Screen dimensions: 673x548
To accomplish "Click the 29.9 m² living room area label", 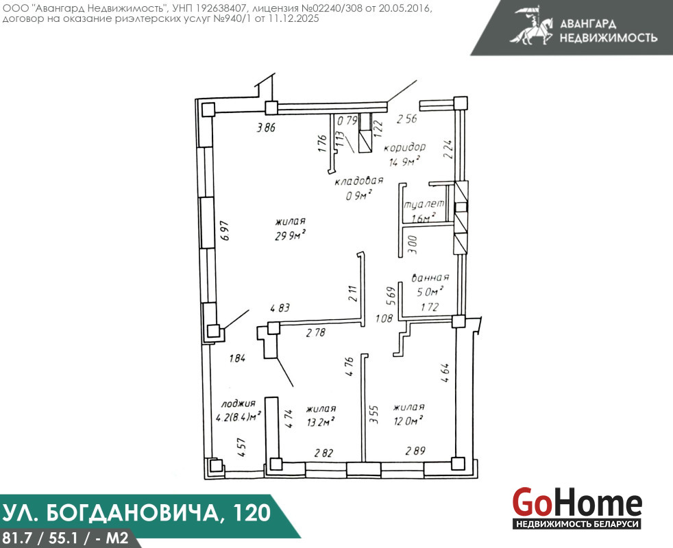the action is pyautogui.click(x=290, y=235).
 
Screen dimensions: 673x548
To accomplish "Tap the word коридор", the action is pyautogui.click(x=405, y=147).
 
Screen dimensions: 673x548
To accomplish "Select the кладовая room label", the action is pyautogui.click(x=359, y=181).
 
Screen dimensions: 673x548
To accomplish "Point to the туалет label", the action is pyautogui.click(x=424, y=204).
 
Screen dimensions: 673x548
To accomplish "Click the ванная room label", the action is pyautogui.click(x=430, y=277).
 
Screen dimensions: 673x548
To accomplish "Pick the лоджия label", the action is pyautogui.click(x=238, y=403).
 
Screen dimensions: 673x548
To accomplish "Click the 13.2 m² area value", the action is pyautogui.click(x=321, y=422).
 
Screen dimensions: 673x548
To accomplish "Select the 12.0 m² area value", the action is pyautogui.click(x=408, y=421).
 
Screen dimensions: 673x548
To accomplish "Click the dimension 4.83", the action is pyautogui.click(x=280, y=308).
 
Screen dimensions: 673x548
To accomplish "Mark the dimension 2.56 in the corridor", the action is pyautogui.click(x=406, y=119).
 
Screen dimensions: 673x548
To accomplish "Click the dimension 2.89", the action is pyautogui.click(x=415, y=451).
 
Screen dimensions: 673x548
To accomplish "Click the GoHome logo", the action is pyautogui.click(x=577, y=508).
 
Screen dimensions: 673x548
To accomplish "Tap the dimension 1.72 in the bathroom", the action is pyautogui.click(x=430, y=306).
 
